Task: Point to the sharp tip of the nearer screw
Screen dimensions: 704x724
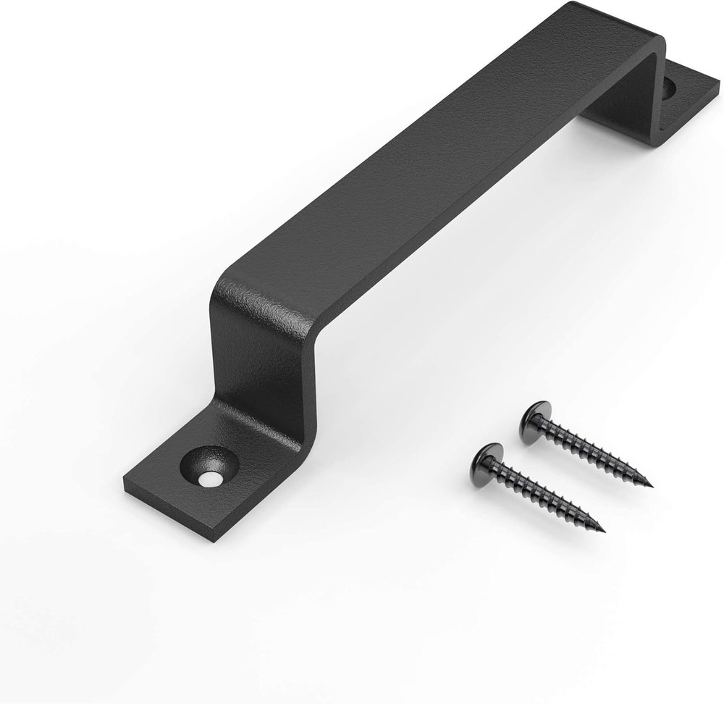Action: click(x=604, y=527)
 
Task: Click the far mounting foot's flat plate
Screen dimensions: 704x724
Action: click(x=691, y=101)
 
